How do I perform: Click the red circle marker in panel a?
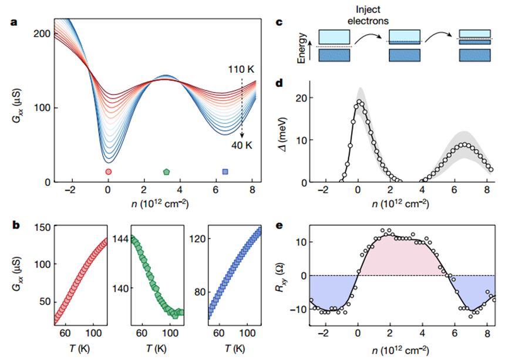(108, 171)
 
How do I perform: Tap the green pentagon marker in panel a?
(166, 171)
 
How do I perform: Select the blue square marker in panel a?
(225, 171)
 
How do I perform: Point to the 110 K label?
(241, 69)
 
